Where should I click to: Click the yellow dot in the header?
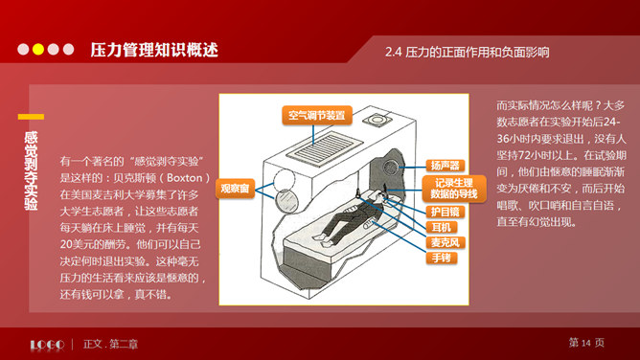38,50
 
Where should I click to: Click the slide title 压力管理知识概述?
154,50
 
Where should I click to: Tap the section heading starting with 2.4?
467,53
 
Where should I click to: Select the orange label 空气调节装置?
317,116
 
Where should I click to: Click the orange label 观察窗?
235,189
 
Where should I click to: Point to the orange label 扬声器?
446,166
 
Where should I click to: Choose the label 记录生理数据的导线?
454,189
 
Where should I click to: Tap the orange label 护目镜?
446,212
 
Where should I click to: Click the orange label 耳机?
442,227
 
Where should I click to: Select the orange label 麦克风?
446,242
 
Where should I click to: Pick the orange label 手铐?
442,258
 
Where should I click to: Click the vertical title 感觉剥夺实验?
31,170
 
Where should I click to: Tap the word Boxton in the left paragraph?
185,178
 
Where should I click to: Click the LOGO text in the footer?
47,345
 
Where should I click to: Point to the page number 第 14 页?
586,343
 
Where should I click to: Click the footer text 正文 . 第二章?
110,344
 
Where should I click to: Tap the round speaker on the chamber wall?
391,168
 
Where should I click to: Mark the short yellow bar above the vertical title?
31,117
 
